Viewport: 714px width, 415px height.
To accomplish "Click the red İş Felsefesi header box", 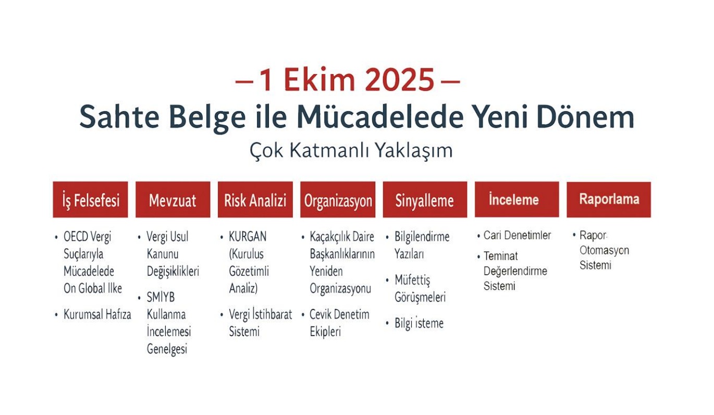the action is [x=90, y=199].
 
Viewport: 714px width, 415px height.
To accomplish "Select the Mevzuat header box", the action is [x=173, y=199].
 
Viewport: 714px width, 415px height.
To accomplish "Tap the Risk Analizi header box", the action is [x=255, y=199].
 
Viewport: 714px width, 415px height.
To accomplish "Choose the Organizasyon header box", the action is [x=338, y=199].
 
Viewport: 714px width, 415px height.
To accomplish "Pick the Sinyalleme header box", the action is [x=425, y=199].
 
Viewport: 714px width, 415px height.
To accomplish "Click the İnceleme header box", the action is [x=516, y=199].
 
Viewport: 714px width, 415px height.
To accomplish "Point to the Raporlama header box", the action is [x=609, y=199].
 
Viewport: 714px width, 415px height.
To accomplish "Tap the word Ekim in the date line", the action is [x=319, y=79].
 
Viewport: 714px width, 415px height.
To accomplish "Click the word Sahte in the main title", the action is [x=119, y=116].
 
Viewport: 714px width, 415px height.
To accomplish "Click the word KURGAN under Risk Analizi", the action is [x=248, y=236].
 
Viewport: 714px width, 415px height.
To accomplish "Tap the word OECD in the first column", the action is [x=76, y=236].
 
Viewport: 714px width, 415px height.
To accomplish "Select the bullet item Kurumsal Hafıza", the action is [x=97, y=314].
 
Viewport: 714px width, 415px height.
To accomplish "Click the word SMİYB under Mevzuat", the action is [x=161, y=297].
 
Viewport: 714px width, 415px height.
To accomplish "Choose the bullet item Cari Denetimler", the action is [x=517, y=235].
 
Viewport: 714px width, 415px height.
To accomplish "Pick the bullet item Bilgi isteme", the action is [x=419, y=323].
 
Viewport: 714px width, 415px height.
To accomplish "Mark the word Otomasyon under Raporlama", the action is [x=604, y=251].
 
